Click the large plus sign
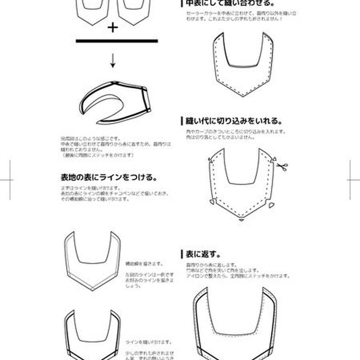coord(112,28)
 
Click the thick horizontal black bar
coord(117,41)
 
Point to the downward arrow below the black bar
coord(113,62)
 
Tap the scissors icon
coord(282,167)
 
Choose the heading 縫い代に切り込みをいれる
coord(234,121)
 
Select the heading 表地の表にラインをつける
coord(108,177)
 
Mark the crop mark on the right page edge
coord(353,180)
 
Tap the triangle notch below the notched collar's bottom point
coord(242,221)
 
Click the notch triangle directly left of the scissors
coord(273,160)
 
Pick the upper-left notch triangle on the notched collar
coord(209,160)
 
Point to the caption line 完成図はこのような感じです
coord(90,139)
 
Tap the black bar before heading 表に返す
coord(181,254)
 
